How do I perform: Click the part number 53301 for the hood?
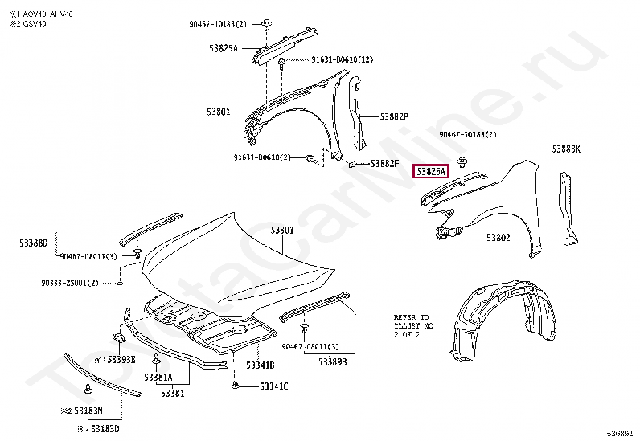click(x=281, y=230)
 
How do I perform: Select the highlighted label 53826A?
click(x=430, y=172)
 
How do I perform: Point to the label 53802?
click(x=498, y=238)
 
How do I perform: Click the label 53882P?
click(x=395, y=116)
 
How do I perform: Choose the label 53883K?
click(x=566, y=149)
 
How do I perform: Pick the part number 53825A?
click(x=224, y=49)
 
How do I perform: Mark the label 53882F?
click(x=384, y=164)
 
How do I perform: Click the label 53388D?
click(x=34, y=242)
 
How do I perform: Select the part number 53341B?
click(x=261, y=365)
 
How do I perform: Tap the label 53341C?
click(x=274, y=386)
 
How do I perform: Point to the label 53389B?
click(x=332, y=362)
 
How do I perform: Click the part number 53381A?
click(x=158, y=377)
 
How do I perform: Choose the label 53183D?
click(x=105, y=429)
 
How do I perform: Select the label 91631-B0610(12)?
click(x=342, y=60)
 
